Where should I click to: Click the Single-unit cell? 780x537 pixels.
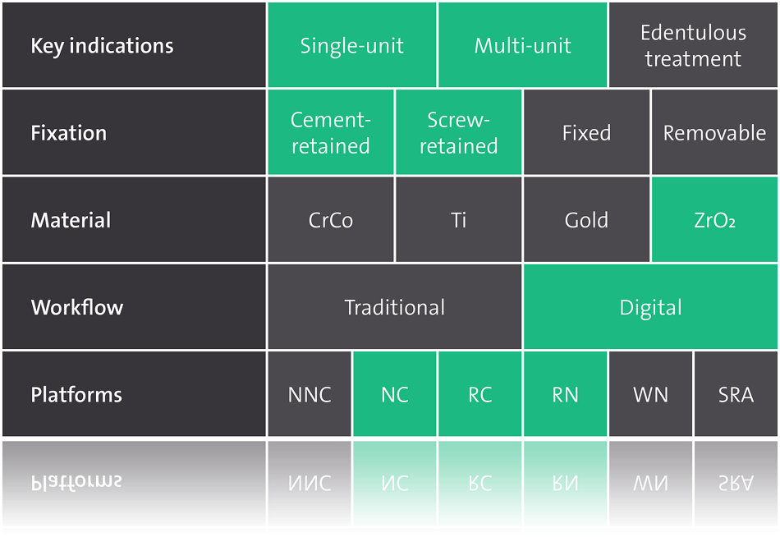[x=352, y=45]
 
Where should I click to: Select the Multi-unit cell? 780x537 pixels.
[x=523, y=45]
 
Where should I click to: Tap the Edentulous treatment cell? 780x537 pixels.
[x=694, y=45]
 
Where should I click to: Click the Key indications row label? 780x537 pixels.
[x=134, y=45]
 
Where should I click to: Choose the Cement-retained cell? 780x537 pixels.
[x=331, y=132]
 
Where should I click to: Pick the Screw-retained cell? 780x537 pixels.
[x=459, y=132]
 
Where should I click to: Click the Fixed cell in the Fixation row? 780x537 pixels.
[x=586, y=132]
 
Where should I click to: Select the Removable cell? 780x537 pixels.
[x=715, y=132]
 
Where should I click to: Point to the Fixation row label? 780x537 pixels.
[x=134, y=132]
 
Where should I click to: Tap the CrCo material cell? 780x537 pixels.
[x=331, y=219]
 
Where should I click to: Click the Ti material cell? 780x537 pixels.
[x=459, y=219]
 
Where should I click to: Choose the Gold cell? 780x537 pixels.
[x=586, y=219]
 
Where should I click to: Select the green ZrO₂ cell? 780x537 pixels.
[x=715, y=219]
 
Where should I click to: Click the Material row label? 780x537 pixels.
[x=134, y=219]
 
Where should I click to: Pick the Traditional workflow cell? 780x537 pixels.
[x=395, y=307]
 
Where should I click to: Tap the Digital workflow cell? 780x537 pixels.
[x=650, y=307]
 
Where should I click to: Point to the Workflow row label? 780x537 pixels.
[x=134, y=307]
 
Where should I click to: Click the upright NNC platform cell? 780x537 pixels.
[x=310, y=394]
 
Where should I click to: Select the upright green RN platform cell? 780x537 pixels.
[x=566, y=394]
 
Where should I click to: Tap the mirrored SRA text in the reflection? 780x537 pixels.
[x=736, y=483]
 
